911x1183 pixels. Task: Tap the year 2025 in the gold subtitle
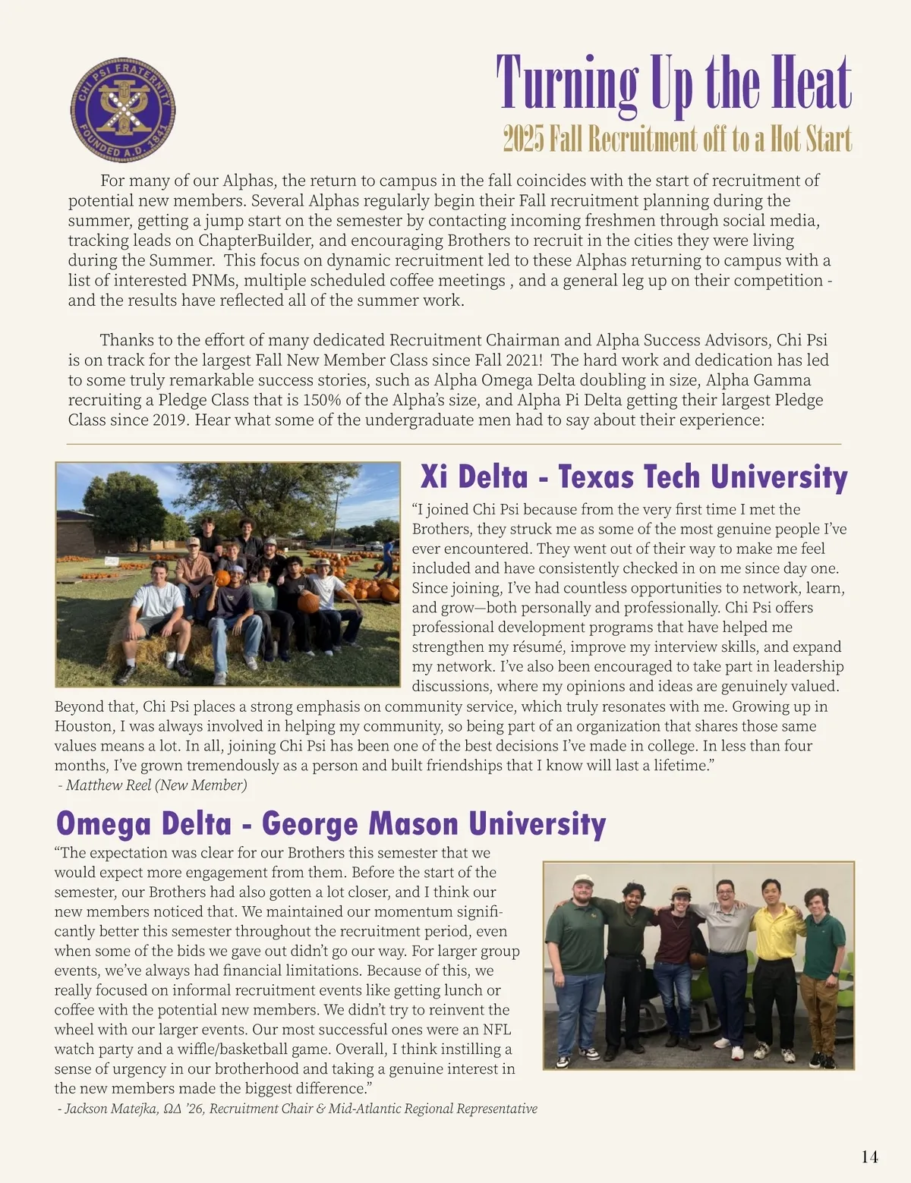point(523,140)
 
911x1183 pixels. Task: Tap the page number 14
point(869,1157)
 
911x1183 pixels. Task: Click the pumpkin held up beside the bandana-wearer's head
point(222,577)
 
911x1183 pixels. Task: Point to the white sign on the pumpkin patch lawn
point(112,560)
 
